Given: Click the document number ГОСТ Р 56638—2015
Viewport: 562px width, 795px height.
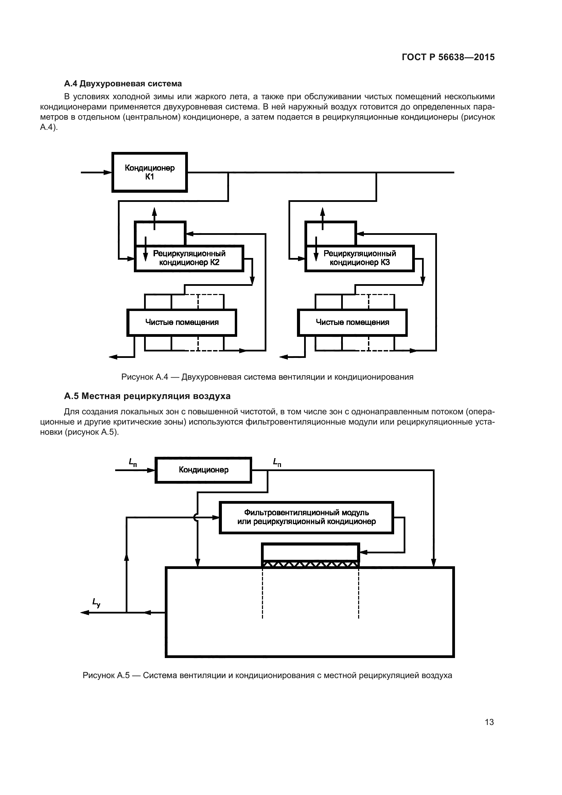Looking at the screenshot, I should pos(448,57).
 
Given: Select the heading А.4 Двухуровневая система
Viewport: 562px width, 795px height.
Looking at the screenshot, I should pos(123,84).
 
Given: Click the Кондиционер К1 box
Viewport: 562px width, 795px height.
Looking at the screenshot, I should pos(150,172).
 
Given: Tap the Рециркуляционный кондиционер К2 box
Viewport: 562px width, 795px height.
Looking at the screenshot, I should pos(189,258).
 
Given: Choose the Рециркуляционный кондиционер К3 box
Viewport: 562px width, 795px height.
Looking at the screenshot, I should pos(359,258).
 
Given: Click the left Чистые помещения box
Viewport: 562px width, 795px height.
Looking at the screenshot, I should pos(182,322).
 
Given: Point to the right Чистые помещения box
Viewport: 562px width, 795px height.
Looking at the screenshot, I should pos(352,322).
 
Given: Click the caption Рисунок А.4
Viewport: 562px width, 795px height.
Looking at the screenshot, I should pos(267,377).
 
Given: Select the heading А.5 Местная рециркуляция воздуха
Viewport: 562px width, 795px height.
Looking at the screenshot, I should pos(147,396).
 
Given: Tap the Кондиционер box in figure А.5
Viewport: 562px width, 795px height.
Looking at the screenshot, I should pos(204,470).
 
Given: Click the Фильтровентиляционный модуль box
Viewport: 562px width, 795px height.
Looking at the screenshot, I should pos(306,517).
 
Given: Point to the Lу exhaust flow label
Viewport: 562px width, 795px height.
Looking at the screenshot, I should pos(96,603).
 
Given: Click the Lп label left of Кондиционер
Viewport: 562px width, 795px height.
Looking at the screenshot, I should pos(133,462).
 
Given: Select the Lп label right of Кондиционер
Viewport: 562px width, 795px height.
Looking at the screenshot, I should pos(277,462).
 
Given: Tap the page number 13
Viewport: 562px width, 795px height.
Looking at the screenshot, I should pos(489,722).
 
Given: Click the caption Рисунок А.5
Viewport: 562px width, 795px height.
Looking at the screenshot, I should pos(267,676).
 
